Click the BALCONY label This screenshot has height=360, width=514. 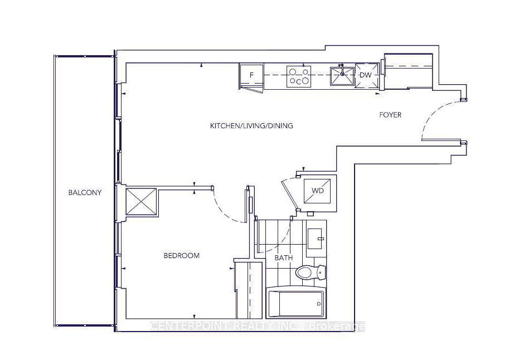[85, 192]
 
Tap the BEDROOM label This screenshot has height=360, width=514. [182, 255]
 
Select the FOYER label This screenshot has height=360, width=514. [390, 115]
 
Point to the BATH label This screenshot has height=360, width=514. [284, 258]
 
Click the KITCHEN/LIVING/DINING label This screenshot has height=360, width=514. [251, 125]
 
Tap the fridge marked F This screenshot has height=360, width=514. [251, 77]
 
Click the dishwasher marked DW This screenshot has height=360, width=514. [366, 75]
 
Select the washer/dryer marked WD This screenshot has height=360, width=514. [317, 191]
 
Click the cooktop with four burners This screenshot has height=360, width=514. [299, 77]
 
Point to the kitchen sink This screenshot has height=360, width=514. [342, 76]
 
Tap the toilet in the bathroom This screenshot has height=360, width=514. [311, 272]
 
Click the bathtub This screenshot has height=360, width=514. [297, 303]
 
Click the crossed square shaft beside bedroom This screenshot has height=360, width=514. [141, 202]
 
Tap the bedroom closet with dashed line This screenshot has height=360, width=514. [249, 290]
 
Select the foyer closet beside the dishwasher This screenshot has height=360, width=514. [408, 72]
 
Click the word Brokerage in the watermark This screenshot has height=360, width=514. [337, 326]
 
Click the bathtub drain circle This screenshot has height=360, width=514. [319, 304]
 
